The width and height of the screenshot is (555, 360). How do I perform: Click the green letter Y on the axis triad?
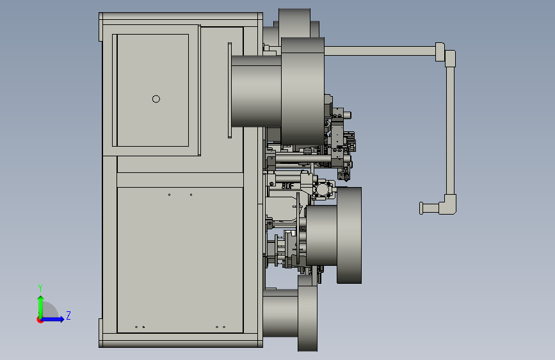[x=40, y=288]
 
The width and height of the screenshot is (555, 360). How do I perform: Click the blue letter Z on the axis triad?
[x=68, y=315]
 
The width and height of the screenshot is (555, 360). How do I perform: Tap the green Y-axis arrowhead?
[x=41, y=299]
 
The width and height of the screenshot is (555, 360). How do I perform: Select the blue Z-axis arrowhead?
[x=61, y=319]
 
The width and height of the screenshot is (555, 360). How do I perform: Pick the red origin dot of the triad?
[x=40, y=320]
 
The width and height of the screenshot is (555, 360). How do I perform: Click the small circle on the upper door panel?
[x=156, y=99]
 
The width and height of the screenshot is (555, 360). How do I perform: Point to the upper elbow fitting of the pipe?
[x=446, y=54]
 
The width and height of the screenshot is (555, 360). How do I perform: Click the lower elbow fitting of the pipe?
[x=448, y=205]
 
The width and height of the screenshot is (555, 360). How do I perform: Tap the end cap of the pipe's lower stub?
[x=421, y=208]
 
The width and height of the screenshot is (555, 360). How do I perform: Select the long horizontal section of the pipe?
[x=380, y=51]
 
